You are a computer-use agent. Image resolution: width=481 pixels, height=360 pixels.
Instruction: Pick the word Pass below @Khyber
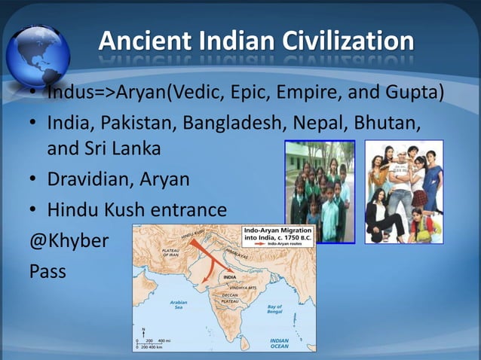(x=47, y=269)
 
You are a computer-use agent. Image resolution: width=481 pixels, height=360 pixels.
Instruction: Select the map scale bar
(x=155, y=343)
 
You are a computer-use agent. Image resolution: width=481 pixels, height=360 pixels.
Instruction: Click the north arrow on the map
(x=143, y=332)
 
